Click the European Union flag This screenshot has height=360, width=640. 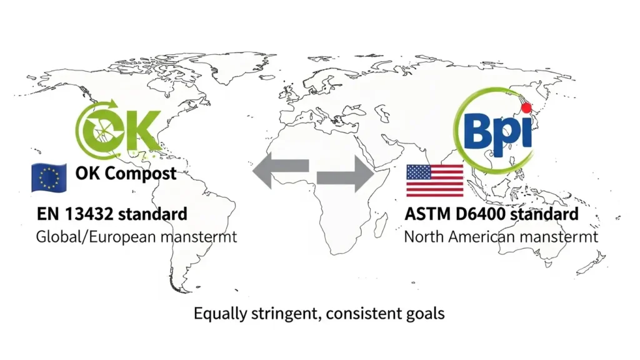(49, 178)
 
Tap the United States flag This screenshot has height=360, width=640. (435, 181)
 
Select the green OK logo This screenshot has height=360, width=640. (118, 130)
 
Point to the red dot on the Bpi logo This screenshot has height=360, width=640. (526, 108)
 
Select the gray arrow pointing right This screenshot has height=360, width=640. (346, 174)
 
